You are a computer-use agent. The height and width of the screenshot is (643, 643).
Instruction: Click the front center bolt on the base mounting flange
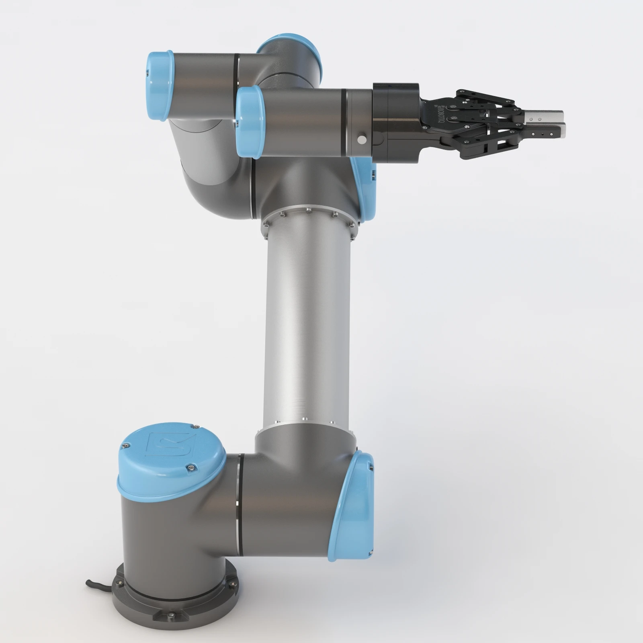[172, 614]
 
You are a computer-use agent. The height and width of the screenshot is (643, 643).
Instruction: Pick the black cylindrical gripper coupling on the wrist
[396, 123]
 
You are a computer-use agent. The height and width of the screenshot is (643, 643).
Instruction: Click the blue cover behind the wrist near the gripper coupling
[365, 189]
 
